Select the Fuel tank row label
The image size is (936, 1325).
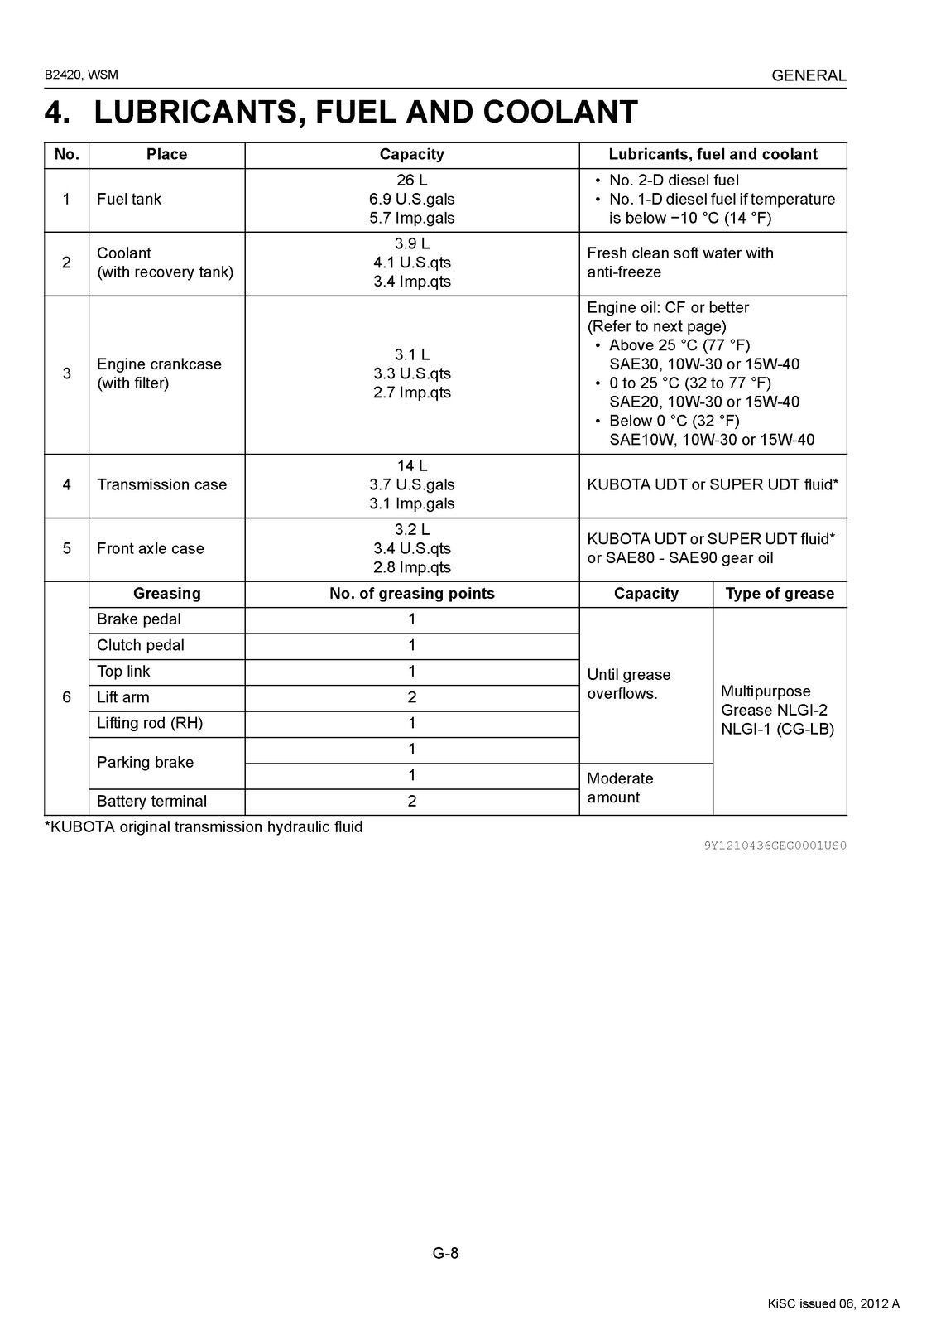coord(129,200)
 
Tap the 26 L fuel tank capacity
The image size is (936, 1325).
coord(411,181)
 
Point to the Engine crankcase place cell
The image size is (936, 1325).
coord(159,373)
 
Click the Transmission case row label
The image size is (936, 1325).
coord(161,485)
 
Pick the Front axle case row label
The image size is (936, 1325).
coord(150,549)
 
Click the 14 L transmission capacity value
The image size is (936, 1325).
coord(411,466)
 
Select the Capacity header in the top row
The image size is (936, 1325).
coord(411,155)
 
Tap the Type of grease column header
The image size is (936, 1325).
coord(780,594)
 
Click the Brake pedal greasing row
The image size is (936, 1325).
coord(138,619)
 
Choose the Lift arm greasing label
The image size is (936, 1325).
coord(122,697)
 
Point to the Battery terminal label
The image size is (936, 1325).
coord(151,802)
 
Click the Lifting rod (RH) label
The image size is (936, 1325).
coord(149,723)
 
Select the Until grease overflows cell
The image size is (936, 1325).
coord(629,684)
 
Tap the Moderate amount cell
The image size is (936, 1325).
coord(620,788)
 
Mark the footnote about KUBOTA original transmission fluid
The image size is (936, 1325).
coord(204,827)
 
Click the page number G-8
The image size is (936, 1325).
coord(445,1253)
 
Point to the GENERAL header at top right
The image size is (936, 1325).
coord(809,75)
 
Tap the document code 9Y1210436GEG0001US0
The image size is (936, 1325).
coord(775,846)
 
